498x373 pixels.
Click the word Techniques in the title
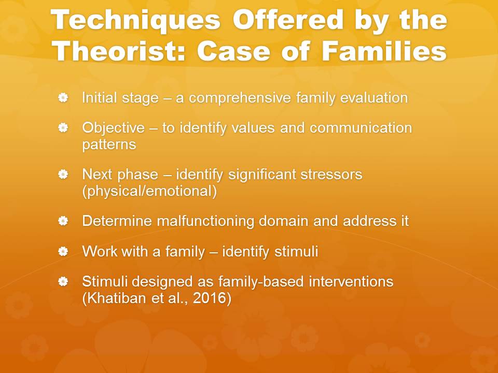(x=135, y=20)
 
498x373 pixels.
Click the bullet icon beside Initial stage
(x=63, y=98)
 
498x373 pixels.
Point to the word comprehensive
(x=240, y=98)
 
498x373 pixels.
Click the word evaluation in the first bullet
(x=374, y=98)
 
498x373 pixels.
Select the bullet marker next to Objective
(x=63, y=128)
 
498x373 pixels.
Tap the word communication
(x=361, y=128)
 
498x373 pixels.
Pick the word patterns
(x=109, y=145)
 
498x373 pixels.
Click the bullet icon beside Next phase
(x=63, y=174)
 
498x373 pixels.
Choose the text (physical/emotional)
(x=149, y=191)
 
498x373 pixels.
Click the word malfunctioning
(x=205, y=221)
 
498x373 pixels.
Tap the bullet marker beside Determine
(x=63, y=221)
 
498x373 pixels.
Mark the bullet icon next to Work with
(x=63, y=252)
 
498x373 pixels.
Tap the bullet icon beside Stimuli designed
(x=63, y=281)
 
